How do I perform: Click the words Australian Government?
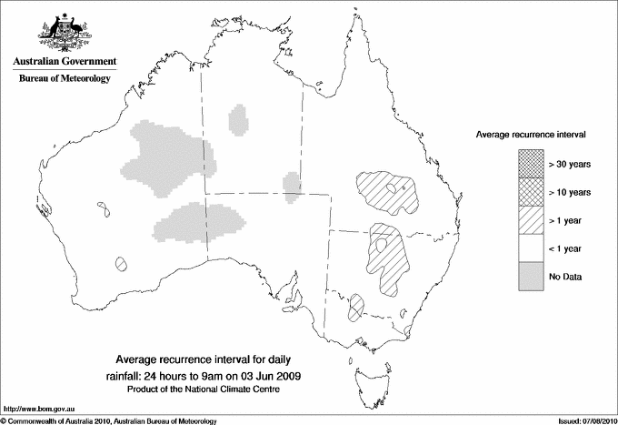(x=64, y=62)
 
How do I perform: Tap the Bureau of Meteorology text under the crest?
(x=64, y=79)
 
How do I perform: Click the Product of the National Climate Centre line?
(x=210, y=390)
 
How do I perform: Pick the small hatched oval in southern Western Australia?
(x=121, y=264)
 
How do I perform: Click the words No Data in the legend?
(x=565, y=276)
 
